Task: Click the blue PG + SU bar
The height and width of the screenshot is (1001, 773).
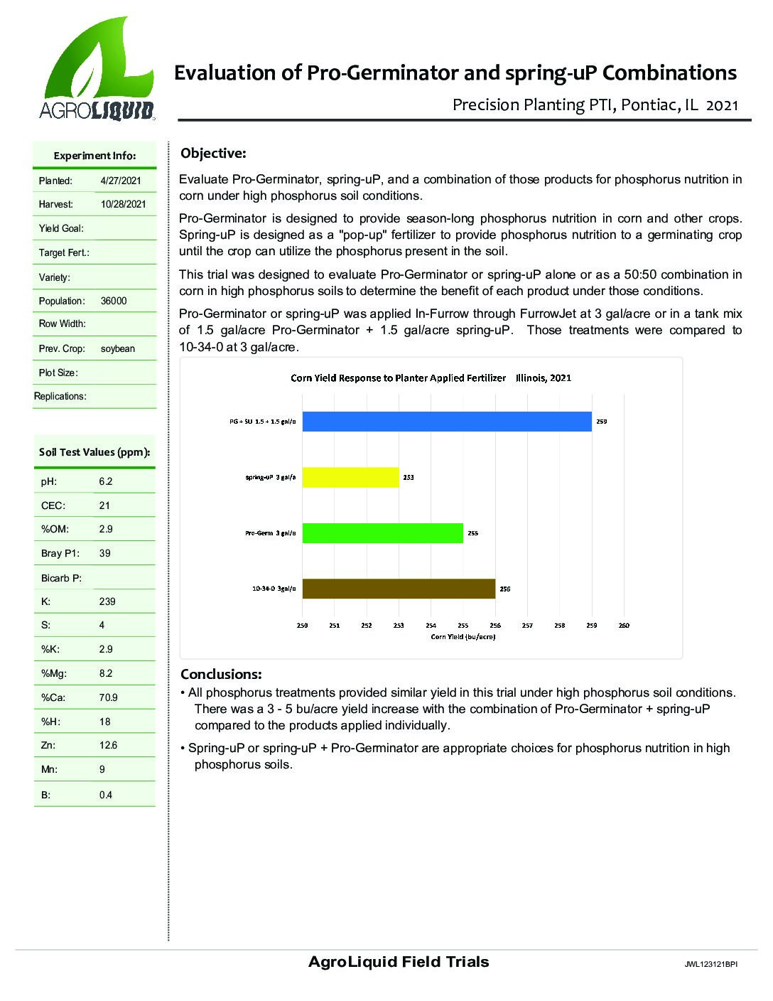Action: coord(447,422)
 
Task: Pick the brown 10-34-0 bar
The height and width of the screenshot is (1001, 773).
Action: coord(399,589)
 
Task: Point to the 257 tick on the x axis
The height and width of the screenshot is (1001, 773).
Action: coord(527,626)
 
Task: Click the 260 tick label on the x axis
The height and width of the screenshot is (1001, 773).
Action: coord(625,626)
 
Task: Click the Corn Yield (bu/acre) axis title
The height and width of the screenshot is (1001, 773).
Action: coord(463,636)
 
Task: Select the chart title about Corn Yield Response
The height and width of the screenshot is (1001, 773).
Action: coord(431,378)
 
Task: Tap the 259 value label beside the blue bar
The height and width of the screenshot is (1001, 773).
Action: coord(601,422)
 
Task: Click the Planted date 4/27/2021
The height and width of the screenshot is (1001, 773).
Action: coord(121,181)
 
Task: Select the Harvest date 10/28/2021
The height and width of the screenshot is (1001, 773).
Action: coord(124,204)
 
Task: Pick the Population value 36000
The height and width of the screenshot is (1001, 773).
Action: coord(114,301)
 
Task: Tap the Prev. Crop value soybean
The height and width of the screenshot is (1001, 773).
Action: coord(118,348)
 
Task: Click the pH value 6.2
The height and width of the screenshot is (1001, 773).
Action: coord(106,481)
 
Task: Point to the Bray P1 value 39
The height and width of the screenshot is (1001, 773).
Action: coord(105,553)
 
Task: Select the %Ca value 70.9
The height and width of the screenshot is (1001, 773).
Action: coord(109,697)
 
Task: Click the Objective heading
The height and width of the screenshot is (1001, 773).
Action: coord(213,153)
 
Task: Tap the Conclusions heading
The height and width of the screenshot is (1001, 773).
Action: coord(221,674)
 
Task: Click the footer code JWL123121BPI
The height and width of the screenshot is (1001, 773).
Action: coord(710,965)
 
